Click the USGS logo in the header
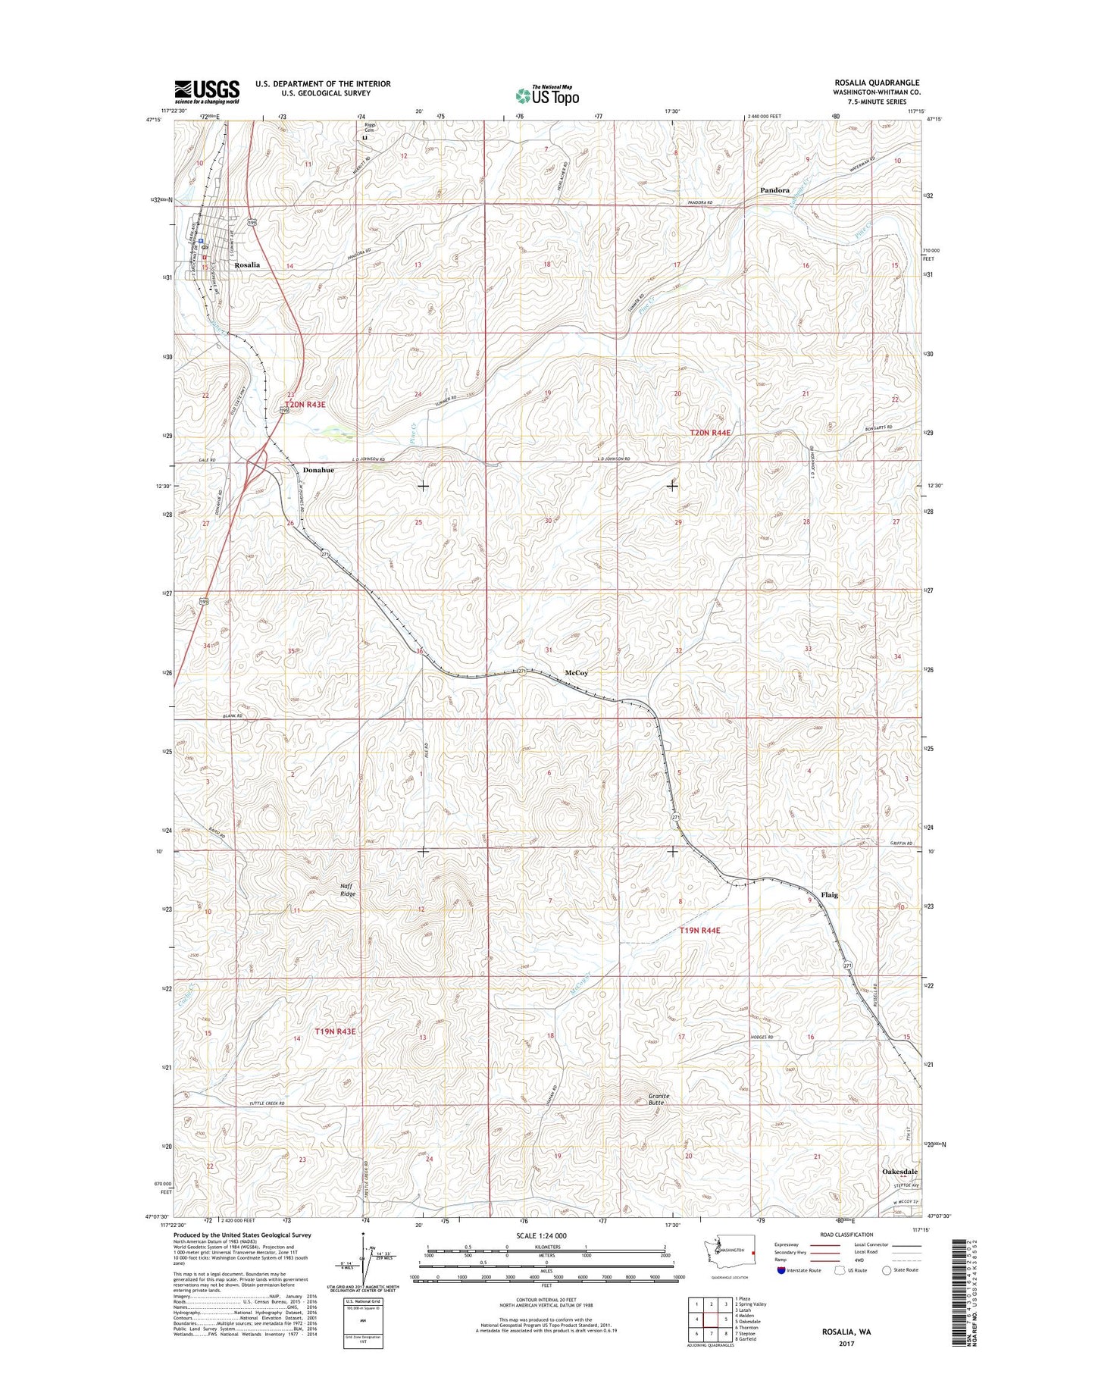206,92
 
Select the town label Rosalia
247,265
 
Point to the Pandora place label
774,191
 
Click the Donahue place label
318,470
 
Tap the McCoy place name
577,673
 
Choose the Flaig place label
830,895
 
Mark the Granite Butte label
656,1099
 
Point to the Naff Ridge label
348,890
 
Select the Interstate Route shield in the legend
780,1269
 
